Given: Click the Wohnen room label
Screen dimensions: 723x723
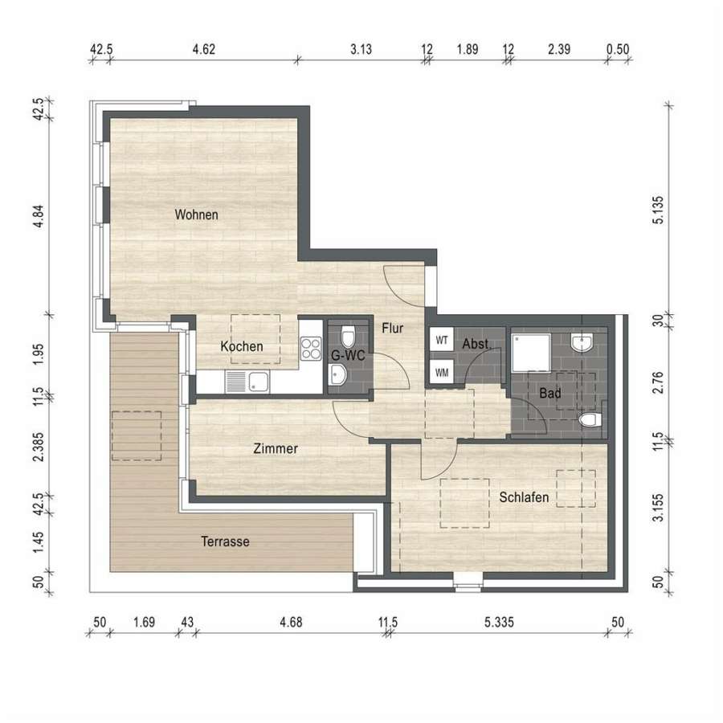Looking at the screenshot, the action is [x=197, y=214].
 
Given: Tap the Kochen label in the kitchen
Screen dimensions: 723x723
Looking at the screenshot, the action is [x=242, y=346].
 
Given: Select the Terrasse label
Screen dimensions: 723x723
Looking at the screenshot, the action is [x=225, y=541].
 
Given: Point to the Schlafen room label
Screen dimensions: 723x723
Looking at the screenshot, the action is [x=524, y=497].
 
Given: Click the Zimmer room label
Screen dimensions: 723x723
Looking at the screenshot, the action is [x=276, y=448].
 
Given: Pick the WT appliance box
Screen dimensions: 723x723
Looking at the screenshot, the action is [x=442, y=341].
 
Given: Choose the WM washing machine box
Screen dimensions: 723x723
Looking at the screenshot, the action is [x=442, y=372].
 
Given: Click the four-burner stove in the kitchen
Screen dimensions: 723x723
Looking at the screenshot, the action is [x=311, y=349].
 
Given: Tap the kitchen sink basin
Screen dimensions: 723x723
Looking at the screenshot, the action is [x=258, y=382].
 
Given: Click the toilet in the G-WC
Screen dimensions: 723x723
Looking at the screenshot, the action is [x=348, y=337].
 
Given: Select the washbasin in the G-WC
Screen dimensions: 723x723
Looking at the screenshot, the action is [x=337, y=374].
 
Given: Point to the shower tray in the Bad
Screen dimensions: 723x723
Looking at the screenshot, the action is [x=531, y=353].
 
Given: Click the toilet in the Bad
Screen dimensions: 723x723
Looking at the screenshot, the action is [x=590, y=420].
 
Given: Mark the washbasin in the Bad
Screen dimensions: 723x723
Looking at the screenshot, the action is [x=582, y=342].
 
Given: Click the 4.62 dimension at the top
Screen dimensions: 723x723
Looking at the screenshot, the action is [x=204, y=49].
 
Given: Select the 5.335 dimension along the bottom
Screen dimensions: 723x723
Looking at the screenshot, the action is [x=499, y=623].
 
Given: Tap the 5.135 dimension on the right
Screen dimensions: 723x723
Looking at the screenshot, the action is [x=659, y=210].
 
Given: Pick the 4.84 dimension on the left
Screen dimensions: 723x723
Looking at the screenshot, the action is [x=39, y=216].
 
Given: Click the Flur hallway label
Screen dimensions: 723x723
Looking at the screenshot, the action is [x=392, y=329].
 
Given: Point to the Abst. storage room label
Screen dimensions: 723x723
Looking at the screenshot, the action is [x=476, y=344].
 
